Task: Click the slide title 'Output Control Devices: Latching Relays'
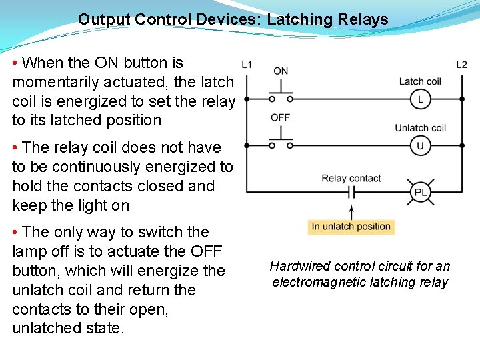tap(233, 19)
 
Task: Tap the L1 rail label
tap(247, 65)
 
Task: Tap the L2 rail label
tap(461, 65)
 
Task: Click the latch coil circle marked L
tap(421, 99)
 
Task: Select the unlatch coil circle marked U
tap(421, 145)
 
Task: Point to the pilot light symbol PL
tap(421, 193)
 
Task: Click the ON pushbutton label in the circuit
tap(281, 71)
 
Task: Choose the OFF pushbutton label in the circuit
tap(281, 117)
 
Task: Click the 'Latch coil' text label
tap(420, 81)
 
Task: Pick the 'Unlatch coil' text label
tap(420, 128)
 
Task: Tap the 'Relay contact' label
tap(351, 178)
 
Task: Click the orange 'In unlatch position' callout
tap(351, 227)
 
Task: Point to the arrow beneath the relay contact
tap(351, 211)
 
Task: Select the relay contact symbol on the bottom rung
tap(351, 193)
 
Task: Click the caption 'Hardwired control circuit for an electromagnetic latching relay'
tap(360, 274)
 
